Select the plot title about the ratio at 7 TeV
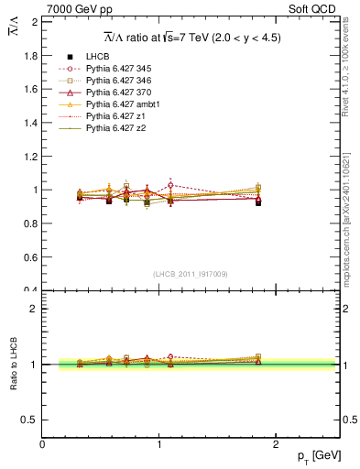click(x=191, y=38)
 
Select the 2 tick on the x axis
click(x=277, y=443)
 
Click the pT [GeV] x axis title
click(x=311, y=455)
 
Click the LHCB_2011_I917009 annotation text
click(x=191, y=273)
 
